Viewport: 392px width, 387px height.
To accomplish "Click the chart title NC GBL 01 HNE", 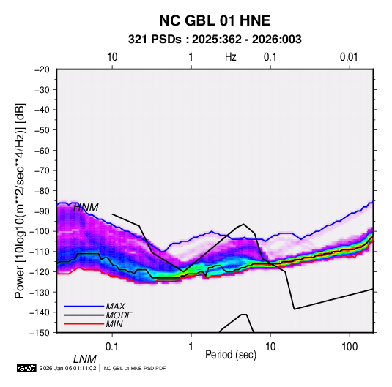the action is point(215,20).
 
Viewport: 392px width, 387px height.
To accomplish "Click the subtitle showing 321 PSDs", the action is point(215,40).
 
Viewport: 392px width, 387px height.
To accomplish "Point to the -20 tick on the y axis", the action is point(42,69).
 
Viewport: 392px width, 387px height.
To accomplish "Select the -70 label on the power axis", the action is point(42,170).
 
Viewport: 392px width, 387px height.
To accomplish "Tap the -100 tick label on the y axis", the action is point(40,231).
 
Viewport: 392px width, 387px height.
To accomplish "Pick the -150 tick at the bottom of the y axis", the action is point(40,333).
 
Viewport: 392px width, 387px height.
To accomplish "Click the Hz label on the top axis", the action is point(231,57).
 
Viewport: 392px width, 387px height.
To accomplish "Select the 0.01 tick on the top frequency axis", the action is point(349,57).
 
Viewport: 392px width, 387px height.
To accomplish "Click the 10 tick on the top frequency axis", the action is point(112,57).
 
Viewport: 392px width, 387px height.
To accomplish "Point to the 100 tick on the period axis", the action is point(350,347).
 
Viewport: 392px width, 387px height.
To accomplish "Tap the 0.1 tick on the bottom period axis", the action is point(111,347).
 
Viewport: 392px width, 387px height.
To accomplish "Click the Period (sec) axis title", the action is point(231,355).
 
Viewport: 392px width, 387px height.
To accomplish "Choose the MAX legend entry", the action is point(115,307).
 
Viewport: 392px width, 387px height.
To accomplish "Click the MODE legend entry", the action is point(119,315).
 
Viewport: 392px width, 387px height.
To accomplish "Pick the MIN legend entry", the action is point(114,324).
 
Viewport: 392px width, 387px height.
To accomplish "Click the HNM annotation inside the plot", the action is point(86,207).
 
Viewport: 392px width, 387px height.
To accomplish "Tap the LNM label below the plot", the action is point(85,359).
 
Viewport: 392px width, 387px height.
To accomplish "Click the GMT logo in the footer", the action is point(27,368).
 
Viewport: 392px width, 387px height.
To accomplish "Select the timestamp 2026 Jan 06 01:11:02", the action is point(67,368).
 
